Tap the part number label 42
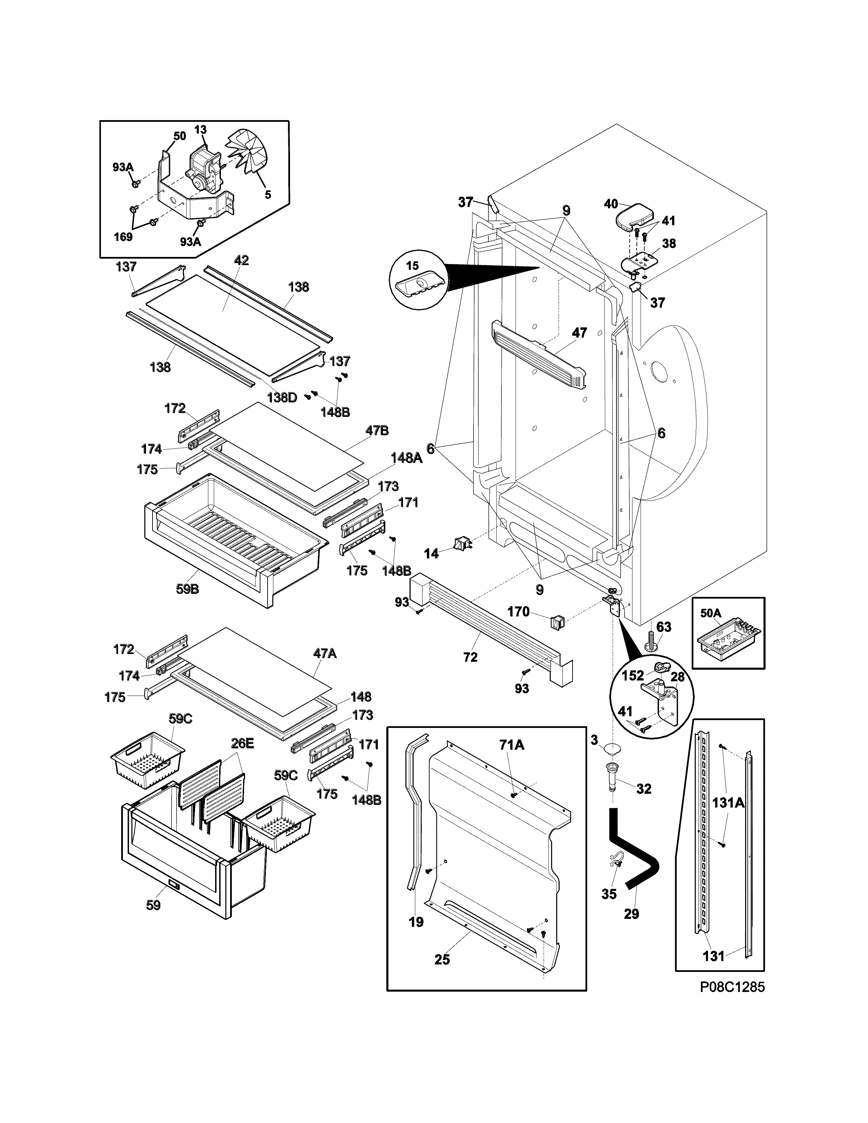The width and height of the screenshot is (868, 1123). coord(241,260)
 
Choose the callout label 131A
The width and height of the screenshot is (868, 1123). coord(728,802)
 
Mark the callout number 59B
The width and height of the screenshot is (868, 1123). coord(187,589)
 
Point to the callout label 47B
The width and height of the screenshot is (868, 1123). coord(377,431)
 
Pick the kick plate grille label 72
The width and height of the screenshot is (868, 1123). coord(470,657)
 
